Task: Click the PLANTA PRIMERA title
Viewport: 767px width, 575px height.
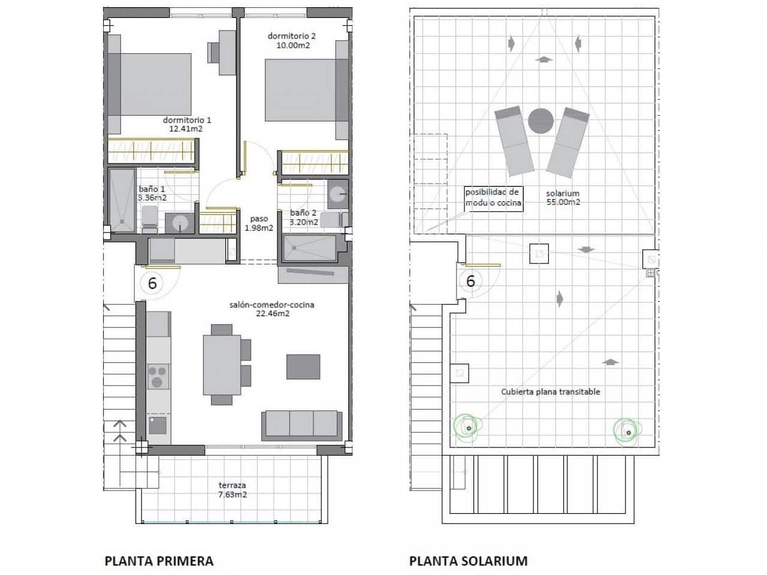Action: [159, 561]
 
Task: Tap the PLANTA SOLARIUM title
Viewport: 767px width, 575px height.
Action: [468, 561]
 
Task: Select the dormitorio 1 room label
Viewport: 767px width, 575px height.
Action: [187, 124]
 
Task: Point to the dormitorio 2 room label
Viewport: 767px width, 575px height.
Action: [292, 40]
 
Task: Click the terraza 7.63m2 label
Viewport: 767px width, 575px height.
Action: [232, 490]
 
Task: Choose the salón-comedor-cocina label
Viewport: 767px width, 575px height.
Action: [272, 308]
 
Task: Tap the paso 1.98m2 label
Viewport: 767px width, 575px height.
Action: [259, 223]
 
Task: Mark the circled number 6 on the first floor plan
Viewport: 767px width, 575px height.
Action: [152, 283]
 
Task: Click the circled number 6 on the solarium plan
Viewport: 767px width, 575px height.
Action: [470, 280]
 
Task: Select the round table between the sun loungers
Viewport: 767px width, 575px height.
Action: [541, 120]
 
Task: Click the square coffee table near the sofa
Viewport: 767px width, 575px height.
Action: [303, 367]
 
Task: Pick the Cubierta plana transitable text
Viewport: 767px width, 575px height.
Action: [550, 392]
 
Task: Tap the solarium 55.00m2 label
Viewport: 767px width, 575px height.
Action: [563, 198]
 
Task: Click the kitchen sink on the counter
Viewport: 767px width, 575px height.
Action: [158, 425]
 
